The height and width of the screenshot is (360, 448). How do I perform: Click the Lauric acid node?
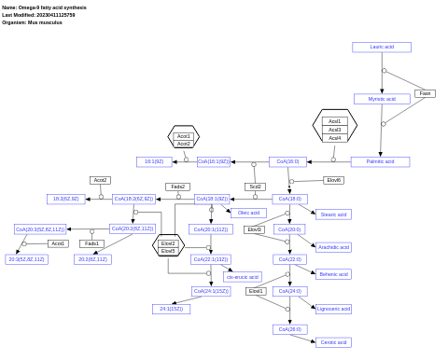pos(382,47)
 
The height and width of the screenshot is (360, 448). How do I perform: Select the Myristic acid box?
pos(382,99)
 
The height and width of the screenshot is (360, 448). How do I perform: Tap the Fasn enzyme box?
pos(425,93)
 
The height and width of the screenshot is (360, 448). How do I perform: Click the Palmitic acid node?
pos(380,161)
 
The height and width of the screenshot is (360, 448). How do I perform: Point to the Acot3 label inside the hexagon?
pos(334,130)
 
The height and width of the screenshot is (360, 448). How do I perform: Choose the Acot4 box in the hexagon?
pos(334,138)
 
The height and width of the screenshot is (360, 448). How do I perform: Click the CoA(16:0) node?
pos(287,161)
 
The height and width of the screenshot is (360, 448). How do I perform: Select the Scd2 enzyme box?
pos(255,187)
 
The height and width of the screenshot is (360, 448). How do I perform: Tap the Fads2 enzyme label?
pos(177,187)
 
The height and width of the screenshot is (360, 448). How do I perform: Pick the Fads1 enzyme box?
pos(91,243)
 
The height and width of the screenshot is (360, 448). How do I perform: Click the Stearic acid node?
pos(333,215)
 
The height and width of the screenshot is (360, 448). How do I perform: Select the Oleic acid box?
pos(248,213)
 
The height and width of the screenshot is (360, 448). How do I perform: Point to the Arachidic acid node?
pos(333,247)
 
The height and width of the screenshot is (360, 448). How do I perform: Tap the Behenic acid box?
pos(333,274)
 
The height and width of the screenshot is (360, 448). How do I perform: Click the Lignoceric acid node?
pos(333,309)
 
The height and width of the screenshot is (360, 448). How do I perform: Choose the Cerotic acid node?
pos(333,342)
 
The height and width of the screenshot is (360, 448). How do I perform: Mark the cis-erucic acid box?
pos(243,277)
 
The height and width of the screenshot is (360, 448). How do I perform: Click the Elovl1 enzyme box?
pos(256,291)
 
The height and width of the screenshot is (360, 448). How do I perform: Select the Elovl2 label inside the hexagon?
pos(168,243)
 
